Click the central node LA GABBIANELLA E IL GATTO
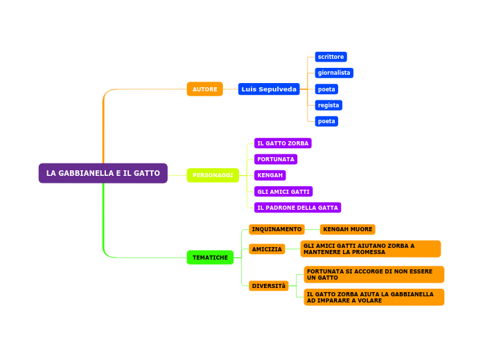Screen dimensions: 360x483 pyautogui.click(x=103, y=173)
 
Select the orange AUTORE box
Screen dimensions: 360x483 pyautogui.click(x=204, y=89)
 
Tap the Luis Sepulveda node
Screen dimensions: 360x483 pyautogui.click(x=269, y=89)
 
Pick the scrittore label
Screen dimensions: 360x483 pyautogui.click(x=331, y=57)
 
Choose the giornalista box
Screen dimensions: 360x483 pyautogui.click(x=334, y=73)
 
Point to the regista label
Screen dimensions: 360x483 pyautogui.click(x=328, y=105)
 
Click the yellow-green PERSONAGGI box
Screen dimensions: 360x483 pyautogui.click(x=213, y=175)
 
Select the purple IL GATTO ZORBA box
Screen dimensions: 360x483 pyautogui.click(x=283, y=143)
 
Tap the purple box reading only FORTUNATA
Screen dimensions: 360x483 pyautogui.click(x=276, y=159)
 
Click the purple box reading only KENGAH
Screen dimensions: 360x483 pyautogui.click(x=270, y=175)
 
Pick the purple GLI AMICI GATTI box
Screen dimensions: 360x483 pyautogui.click(x=283, y=192)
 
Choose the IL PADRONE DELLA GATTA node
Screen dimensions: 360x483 pyautogui.click(x=297, y=208)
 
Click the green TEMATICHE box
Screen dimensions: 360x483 pyautogui.click(x=210, y=258)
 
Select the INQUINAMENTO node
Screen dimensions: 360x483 pyautogui.click(x=276, y=229)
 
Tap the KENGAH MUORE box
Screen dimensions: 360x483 pyautogui.click(x=347, y=229)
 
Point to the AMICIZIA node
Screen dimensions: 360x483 pyautogui.click(x=267, y=249)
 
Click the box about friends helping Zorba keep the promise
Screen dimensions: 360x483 pyautogui.click(x=371, y=249)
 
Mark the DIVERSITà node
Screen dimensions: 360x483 pyautogui.click(x=268, y=286)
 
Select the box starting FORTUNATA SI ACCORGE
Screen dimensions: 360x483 pyautogui.click(x=374, y=275)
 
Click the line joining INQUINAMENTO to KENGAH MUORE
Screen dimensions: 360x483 pyautogui.click(x=312, y=229)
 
